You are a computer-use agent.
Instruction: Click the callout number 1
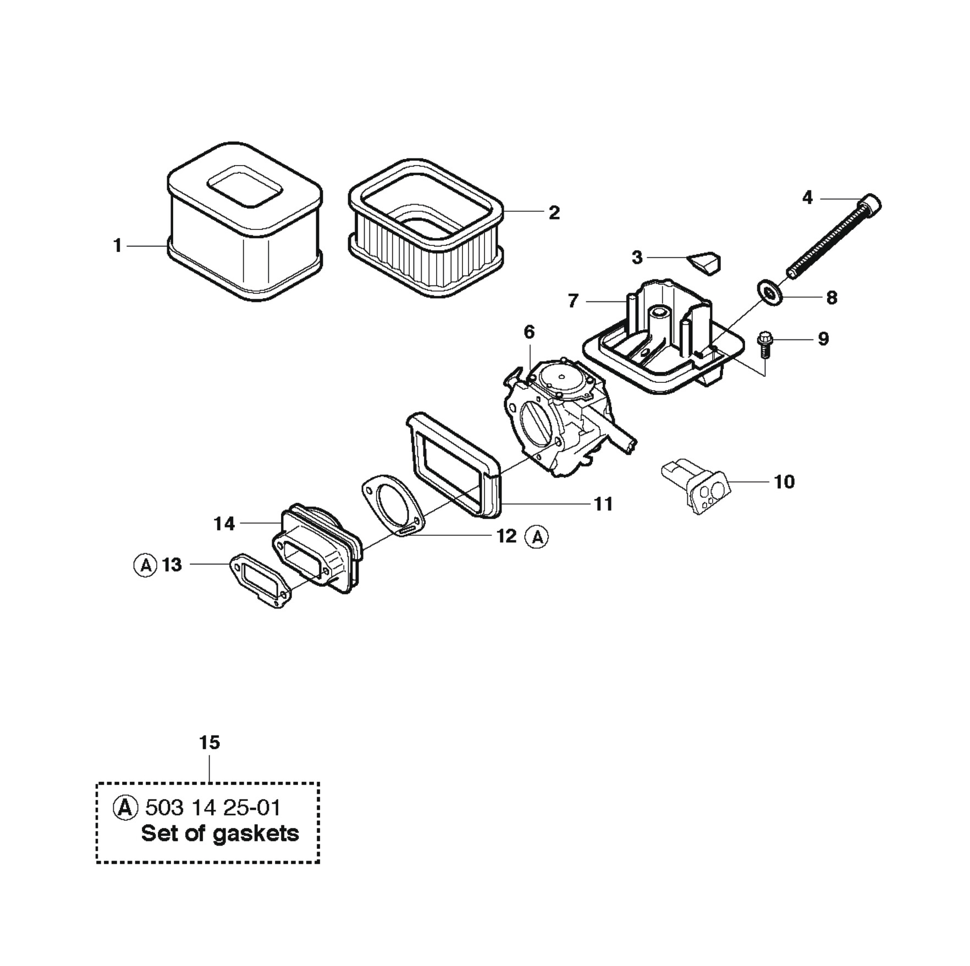point(117,245)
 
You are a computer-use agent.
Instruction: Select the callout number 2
point(554,212)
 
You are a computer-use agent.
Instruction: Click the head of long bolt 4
point(870,205)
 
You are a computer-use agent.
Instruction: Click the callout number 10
point(784,481)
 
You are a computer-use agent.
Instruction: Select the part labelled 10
point(694,486)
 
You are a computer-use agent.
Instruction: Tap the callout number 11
point(603,503)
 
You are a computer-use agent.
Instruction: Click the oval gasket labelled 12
point(392,505)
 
